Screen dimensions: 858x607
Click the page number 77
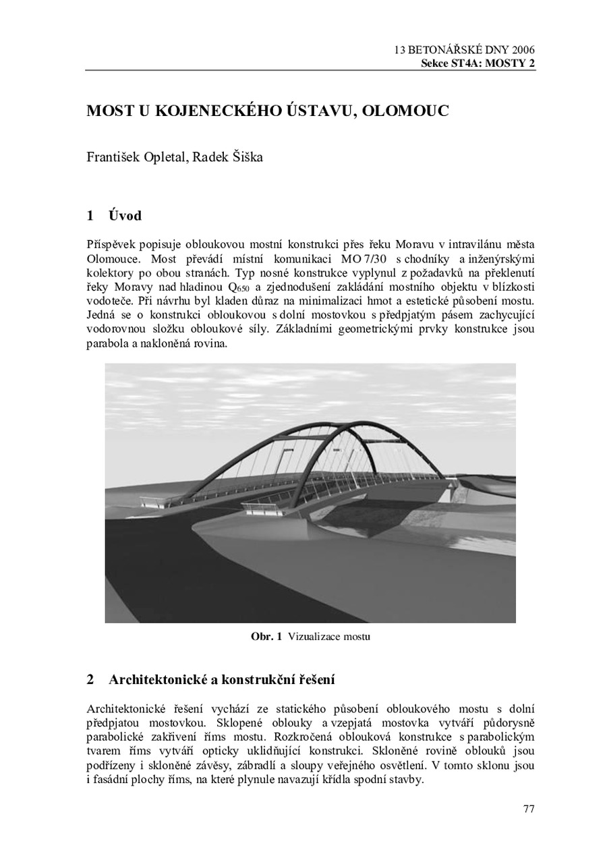(x=529, y=809)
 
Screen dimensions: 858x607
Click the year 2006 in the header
(x=523, y=50)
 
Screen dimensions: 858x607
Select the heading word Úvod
(x=125, y=216)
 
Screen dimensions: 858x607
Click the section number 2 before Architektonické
(x=90, y=679)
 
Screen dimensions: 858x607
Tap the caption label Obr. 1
(x=266, y=636)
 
